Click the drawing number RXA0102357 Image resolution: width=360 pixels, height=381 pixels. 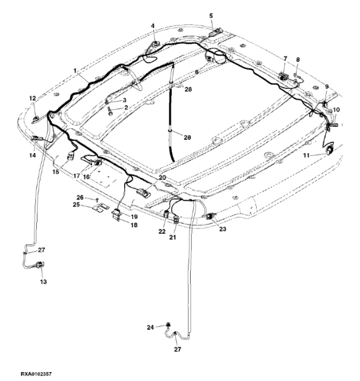(36, 374)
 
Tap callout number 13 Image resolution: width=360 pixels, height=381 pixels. (43, 282)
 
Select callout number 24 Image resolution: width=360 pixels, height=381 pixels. (150, 328)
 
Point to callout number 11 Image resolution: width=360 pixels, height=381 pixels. (307, 155)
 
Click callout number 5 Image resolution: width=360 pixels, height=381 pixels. (211, 16)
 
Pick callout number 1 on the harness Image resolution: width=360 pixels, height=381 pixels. (75, 71)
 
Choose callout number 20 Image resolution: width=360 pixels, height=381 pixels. (162, 177)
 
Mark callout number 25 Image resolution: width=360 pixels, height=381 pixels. (77, 205)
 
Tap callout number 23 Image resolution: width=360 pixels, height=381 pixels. (223, 229)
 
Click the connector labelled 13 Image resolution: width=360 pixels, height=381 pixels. (40, 265)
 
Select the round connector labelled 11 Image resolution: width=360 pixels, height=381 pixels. (330, 150)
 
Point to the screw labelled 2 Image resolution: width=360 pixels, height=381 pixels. (110, 112)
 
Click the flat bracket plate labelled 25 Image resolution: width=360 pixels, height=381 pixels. (101, 208)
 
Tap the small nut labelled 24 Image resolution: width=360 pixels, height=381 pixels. (168, 325)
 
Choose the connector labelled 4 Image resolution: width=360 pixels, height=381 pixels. (154, 45)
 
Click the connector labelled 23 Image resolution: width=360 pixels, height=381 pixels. (210, 216)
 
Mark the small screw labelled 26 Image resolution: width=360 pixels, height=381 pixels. (97, 200)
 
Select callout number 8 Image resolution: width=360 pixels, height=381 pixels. (298, 59)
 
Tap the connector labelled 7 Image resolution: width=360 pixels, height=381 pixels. (283, 76)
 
